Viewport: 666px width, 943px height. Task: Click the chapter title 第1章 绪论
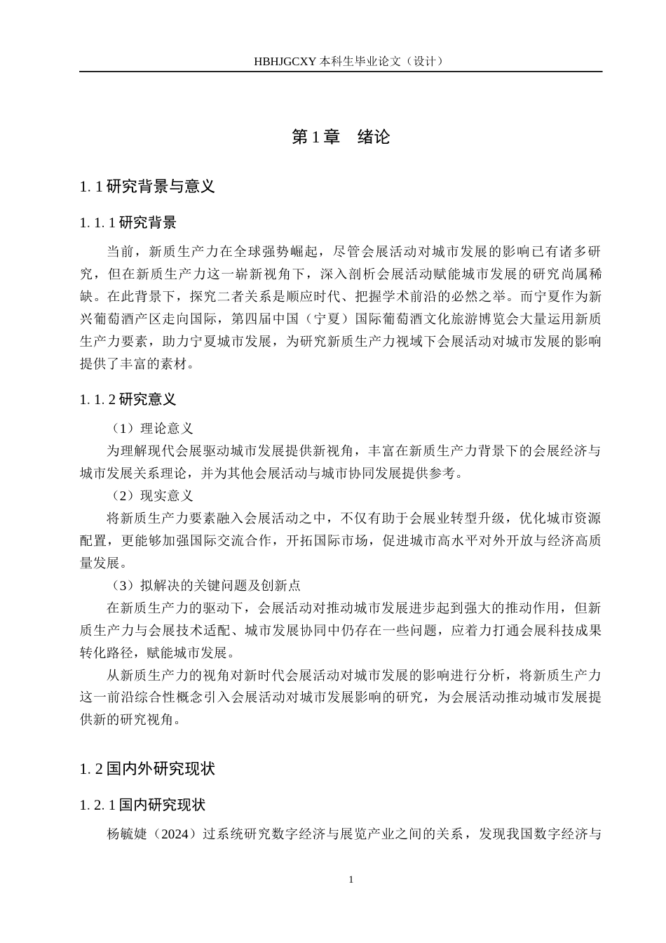(341, 137)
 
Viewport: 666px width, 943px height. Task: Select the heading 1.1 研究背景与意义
(147, 187)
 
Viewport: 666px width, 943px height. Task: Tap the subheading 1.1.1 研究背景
(128, 223)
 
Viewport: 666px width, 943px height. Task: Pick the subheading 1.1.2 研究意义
(128, 399)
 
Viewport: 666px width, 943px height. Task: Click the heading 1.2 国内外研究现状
(147, 769)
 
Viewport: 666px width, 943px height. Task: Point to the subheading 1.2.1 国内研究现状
(142, 805)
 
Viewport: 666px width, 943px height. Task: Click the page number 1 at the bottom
(351, 880)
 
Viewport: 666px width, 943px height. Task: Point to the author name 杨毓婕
(127, 834)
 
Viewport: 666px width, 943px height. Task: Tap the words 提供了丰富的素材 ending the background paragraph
(133, 364)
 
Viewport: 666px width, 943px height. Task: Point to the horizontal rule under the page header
(341, 72)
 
